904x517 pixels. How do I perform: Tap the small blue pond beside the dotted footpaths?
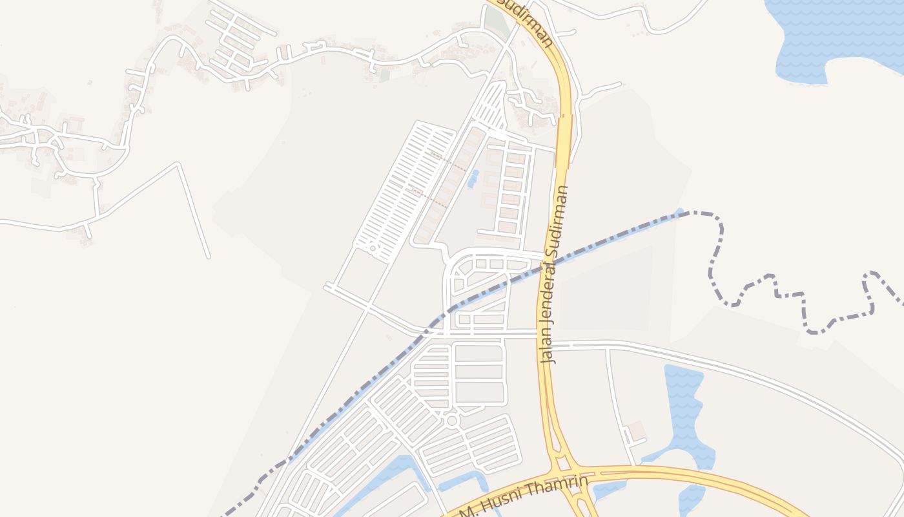(x=473, y=178)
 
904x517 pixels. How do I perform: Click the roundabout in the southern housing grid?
(x=452, y=421)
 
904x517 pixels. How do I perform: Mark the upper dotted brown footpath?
(x=448, y=161)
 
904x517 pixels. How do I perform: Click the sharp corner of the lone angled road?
(x=178, y=164)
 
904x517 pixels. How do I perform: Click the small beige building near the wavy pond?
(x=637, y=430)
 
